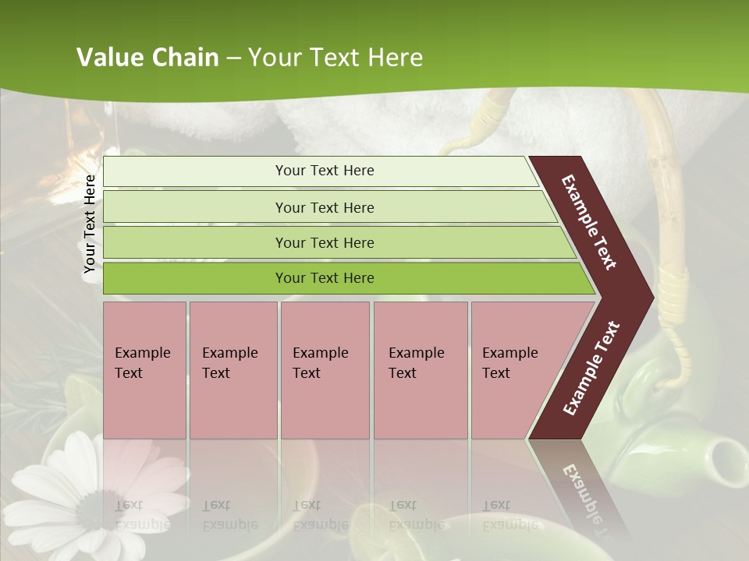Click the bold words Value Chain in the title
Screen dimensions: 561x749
point(147,58)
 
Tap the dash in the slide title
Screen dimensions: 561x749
point(233,58)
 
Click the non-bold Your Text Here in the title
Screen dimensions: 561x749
point(335,58)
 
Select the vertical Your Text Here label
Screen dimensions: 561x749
point(90,224)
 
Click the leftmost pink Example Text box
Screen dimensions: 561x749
point(144,370)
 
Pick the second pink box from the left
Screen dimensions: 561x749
point(233,370)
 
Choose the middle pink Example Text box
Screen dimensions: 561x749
point(325,370)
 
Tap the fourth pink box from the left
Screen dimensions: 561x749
point(421,370)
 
